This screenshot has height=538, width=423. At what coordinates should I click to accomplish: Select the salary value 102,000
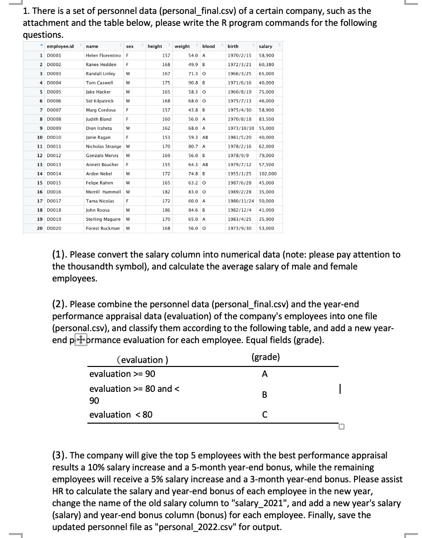[x=268, y=174]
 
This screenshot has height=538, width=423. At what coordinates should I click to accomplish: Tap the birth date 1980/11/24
[x=240, y=201]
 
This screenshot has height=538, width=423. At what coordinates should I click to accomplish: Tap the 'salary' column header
[x=266, y=46]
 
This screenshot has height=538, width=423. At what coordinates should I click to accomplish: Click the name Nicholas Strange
[x=104, y=147]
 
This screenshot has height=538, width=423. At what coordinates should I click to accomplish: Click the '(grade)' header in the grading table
[x=265, y=357]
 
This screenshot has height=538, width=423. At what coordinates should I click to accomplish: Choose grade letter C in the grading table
[x=264, y=414]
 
